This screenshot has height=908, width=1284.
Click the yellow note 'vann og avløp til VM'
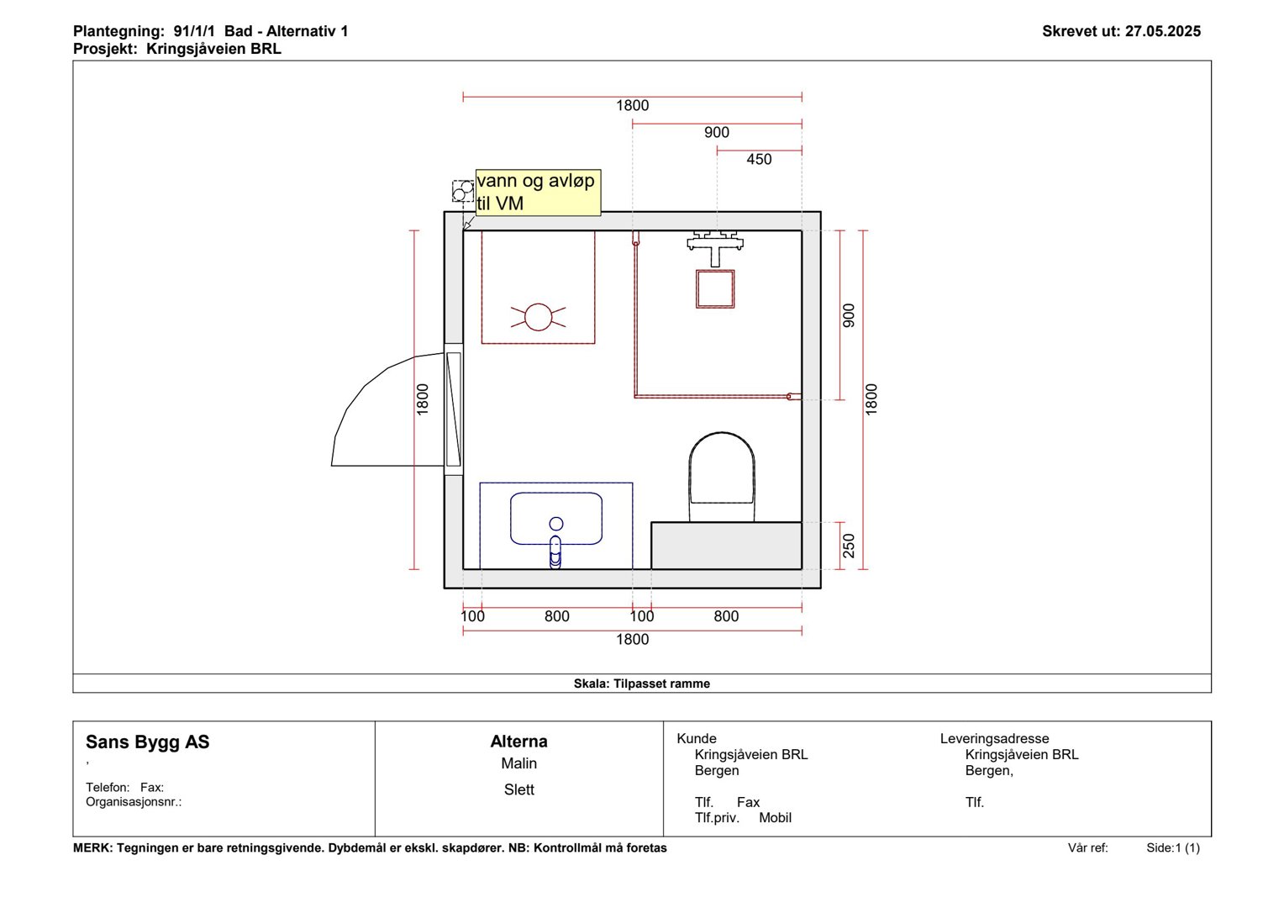coord(539,193)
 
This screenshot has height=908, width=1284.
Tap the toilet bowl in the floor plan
coord(722,477)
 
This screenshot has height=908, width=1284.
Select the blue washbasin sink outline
coord(556,519)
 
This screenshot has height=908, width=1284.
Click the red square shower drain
coord(715,289)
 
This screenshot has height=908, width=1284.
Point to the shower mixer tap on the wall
coord(715,247)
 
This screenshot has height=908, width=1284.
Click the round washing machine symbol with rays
coord(539,317)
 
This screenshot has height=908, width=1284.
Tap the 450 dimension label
coord(759,160)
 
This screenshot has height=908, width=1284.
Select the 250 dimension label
coord(849,546)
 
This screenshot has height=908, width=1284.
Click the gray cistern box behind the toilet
coord(726,546)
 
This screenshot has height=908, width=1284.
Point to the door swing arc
coord(367,384)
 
